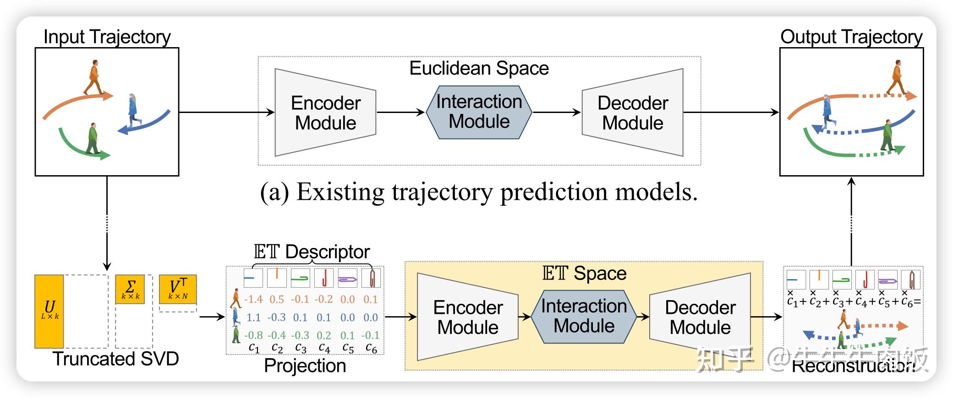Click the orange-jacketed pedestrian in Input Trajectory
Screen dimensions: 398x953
[x=94, y=77]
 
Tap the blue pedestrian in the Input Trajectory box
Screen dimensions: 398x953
[x=133, y=110]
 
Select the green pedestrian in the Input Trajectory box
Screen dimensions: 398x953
[x=93, y=138]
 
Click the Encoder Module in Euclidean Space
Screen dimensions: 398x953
[x=325, y=113]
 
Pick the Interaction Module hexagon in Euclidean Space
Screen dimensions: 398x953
[x=479, y=112]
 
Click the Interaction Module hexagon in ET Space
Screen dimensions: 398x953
[x=584, y=316]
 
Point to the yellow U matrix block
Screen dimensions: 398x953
[x=49, y=311]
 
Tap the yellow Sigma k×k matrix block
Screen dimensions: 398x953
[x=130, y=289]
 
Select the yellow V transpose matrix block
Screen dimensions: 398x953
[x=178, y=289]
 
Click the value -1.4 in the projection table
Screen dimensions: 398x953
[x=253, y=299]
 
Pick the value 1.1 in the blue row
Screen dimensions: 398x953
[x=253, y=317]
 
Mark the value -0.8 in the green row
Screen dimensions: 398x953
[x=253, y=335]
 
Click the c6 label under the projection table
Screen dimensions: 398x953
[x=371, y=348]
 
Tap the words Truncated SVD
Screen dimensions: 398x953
[x=115, y=359]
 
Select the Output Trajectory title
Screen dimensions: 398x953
[x=851, y=37]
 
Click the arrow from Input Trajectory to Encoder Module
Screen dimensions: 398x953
[x=226, y=112]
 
